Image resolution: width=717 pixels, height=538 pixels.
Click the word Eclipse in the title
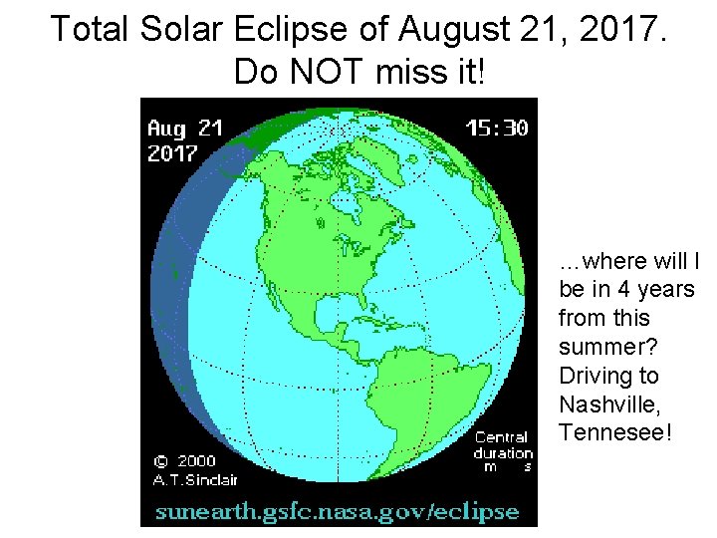[x=288, y=29]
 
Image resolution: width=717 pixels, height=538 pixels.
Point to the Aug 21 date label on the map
[x=185, y=129]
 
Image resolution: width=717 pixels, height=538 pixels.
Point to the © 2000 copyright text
[x=184, y=461]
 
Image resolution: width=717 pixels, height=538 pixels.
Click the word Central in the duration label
[x=501, y=437]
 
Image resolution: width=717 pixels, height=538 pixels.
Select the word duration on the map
[x=503, y=452]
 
